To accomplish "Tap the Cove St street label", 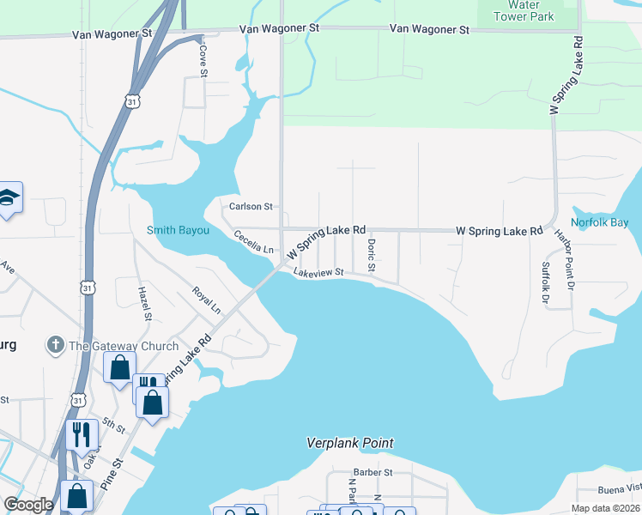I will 203,61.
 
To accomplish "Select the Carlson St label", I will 251,207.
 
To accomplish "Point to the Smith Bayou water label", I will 178,230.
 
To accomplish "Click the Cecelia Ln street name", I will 254,242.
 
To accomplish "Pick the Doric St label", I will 372,255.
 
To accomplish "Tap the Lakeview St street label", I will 318,273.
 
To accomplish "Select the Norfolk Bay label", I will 600,222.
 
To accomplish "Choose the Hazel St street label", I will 144,304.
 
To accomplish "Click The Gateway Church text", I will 124,346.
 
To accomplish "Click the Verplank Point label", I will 350,443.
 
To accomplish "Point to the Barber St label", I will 372,472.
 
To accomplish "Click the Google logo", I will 28,504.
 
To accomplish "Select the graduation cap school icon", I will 9,197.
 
